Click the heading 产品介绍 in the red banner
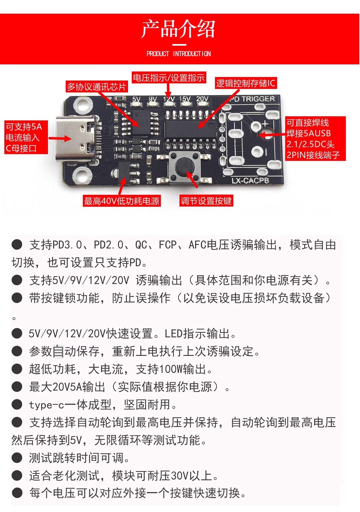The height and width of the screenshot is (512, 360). tap(178, 29)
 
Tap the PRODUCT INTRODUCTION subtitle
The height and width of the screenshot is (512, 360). tap(179, 54)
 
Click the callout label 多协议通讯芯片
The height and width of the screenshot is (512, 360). tap(97, 87)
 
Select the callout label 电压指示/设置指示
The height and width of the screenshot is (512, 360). tap(169, 78)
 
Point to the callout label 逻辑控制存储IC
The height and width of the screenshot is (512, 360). tap(246, 83)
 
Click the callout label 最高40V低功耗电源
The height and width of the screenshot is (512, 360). tap(122, 201)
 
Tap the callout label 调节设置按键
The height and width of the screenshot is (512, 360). tap(206, 201)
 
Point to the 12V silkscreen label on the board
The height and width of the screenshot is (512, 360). tap(169, 99)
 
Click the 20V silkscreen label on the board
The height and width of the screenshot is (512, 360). tap(202, 99)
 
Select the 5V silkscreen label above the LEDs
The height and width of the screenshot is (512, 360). tap(136, 99)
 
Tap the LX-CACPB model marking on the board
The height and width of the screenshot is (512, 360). tap(250, 181)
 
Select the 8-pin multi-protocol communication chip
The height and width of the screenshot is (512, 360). tap(142, 123)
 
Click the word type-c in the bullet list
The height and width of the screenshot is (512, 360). tap(46, 405)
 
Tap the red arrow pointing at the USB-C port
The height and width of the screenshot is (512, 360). tap(60, 138)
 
